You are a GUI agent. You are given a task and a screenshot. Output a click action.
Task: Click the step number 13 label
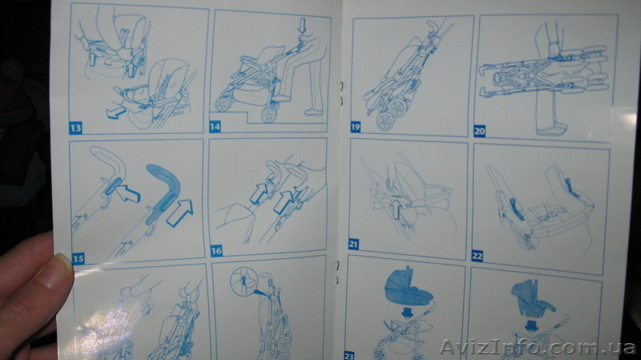point(75,128)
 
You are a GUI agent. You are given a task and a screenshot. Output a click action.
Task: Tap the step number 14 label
point(215,127)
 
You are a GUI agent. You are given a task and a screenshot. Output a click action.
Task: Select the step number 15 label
point(78,258)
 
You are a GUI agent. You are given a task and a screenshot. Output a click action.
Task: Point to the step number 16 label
point(216,251)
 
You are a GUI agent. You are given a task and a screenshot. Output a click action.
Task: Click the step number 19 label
point(355,127)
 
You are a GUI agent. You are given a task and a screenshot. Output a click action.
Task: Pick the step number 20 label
point(479,131)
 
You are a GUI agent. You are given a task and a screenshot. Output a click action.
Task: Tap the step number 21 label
point(353,245)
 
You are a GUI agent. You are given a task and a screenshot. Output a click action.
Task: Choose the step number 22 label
point(477,256)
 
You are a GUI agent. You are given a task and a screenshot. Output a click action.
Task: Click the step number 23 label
point(349,355)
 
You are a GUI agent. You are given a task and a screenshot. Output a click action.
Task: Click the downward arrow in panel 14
point(302,26)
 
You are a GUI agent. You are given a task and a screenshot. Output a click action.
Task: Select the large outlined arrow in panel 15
point(179,212)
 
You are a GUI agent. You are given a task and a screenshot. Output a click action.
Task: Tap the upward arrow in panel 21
point(395,208)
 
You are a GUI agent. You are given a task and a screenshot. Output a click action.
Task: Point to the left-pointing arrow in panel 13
point(116,112)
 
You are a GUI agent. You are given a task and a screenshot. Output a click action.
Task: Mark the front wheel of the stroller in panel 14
point(223,104)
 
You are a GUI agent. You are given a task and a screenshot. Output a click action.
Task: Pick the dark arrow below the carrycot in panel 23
point(407,312)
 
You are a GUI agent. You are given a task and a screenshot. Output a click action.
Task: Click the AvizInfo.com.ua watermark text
point(537,347)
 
